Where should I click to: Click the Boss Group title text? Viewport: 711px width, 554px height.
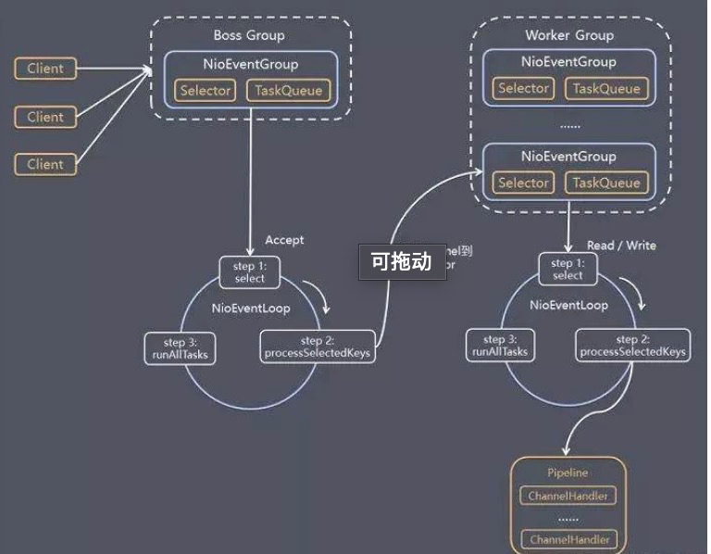point(249,35)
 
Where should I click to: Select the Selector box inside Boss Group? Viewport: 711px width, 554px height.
point(206,90)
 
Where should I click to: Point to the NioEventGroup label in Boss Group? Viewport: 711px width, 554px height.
point(249,64)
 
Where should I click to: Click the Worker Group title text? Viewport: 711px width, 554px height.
point(568,35)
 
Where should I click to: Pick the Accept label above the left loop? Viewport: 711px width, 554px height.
point(284,240)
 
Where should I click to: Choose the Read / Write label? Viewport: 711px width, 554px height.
point(621,246)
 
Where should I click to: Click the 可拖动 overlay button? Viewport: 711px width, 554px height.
point(402,261)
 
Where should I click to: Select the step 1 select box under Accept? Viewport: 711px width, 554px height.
point(249,272)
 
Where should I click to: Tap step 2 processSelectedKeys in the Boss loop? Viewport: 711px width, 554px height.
point(318,346)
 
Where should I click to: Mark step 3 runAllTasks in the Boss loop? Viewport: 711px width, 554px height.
point(181,346)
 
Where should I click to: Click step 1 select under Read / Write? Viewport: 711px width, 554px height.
point(568,270)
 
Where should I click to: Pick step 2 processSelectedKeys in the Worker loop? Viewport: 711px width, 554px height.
point(633,346)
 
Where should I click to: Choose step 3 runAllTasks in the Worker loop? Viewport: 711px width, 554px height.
point(499,346)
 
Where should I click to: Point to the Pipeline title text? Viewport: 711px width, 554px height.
point(568,472)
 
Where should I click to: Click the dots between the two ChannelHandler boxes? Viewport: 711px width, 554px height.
point(568,518)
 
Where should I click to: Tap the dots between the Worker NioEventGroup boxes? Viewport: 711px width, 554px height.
point(568,124)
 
